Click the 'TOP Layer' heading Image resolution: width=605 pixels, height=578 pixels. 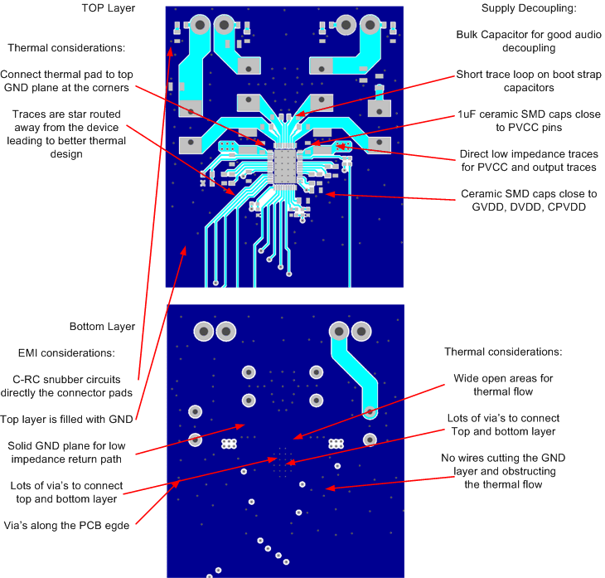(108, 8)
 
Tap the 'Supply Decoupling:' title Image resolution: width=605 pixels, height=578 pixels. (528, 8)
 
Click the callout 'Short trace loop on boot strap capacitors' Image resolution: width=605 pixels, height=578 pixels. (528, 81)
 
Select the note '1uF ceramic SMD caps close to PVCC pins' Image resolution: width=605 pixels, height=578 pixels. (528, 122)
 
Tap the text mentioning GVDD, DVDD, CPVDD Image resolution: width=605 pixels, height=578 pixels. (528, 201)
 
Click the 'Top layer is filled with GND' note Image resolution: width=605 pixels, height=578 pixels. (66, 420)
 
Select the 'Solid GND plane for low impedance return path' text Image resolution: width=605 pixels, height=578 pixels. (66, 453)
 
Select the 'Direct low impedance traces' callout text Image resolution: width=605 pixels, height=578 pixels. (528, 161)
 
